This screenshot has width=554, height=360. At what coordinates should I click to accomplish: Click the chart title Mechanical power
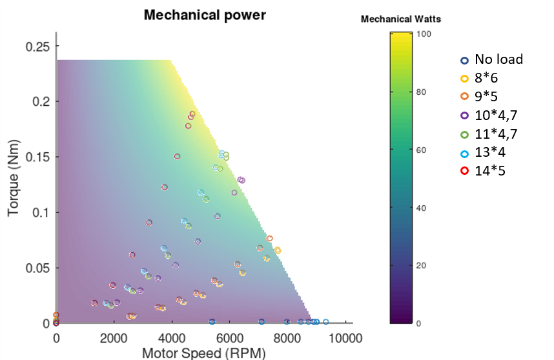[204, 15]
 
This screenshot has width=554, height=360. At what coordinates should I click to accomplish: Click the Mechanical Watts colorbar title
[400, 19]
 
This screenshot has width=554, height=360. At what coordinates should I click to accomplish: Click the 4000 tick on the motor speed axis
[172, 338]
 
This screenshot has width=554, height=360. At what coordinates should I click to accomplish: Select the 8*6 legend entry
[486, 79]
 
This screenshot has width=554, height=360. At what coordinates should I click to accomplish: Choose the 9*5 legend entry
[486, 97]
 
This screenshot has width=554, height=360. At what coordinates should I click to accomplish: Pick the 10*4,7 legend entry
[494, 115]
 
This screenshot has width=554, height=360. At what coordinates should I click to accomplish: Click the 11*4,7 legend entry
[494, 134]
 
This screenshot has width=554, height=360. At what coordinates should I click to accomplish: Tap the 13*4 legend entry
[489, 153]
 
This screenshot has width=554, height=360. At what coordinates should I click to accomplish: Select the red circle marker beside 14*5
[464, 171]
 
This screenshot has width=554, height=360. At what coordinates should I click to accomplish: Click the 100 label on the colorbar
[424, 34]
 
